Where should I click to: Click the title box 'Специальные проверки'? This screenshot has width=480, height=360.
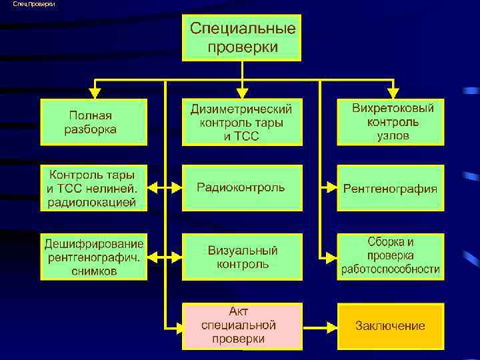[242, 37]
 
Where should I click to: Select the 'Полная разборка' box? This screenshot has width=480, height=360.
[93, 122]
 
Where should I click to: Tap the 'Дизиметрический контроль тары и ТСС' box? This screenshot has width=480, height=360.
[242, 122]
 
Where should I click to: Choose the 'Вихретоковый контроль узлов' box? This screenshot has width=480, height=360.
[391, 122]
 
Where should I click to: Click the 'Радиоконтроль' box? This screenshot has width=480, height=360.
[242, 187]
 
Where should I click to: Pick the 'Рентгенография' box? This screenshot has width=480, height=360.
[391, 188]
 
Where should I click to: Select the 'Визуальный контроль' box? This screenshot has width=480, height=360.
[242, 257]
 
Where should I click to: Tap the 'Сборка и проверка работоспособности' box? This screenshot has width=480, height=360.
[391, 257]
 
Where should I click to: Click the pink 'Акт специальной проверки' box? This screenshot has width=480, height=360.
[242, 326]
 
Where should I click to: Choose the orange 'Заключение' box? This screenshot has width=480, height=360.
[391, 326]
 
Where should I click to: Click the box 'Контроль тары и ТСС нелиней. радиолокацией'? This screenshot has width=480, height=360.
[93, 188]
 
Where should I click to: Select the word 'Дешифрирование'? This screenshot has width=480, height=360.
[94, 243]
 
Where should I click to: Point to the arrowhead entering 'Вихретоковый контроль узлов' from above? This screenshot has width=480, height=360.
[392, 92]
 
